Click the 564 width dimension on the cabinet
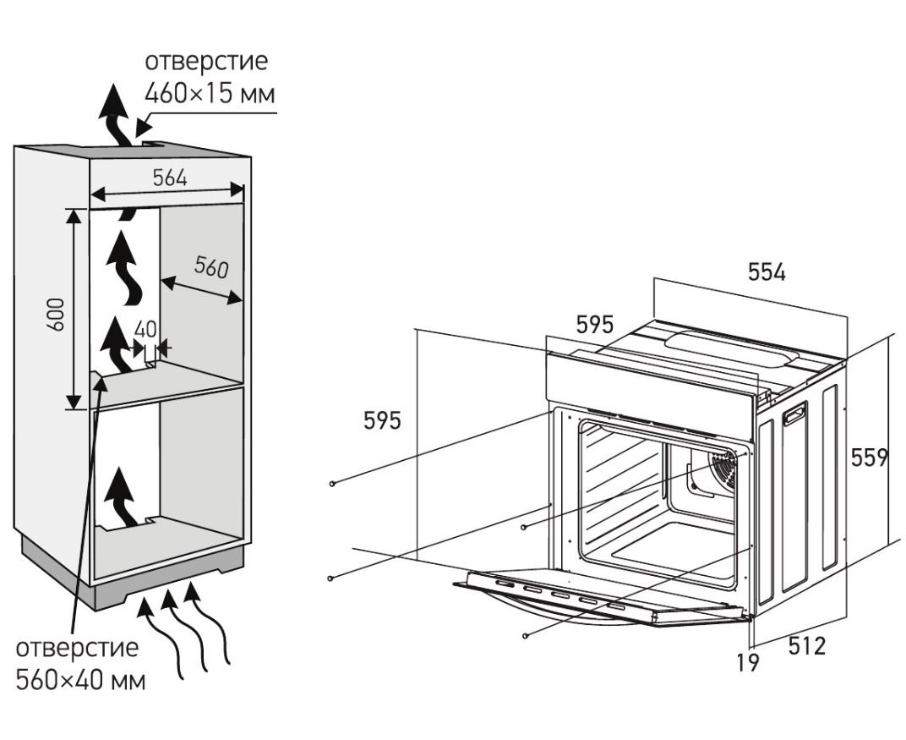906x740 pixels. click(x=170, y=178)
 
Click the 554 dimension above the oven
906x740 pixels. click(x=767, y=272)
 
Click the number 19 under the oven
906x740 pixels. click(x=747, y=662)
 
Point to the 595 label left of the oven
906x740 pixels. click(x=382, y=420)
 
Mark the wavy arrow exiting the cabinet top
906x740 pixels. click(x=113, y=116)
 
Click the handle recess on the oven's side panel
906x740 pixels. click(x=794, y=414)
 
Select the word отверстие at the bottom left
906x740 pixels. click(x=77, y=648)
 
